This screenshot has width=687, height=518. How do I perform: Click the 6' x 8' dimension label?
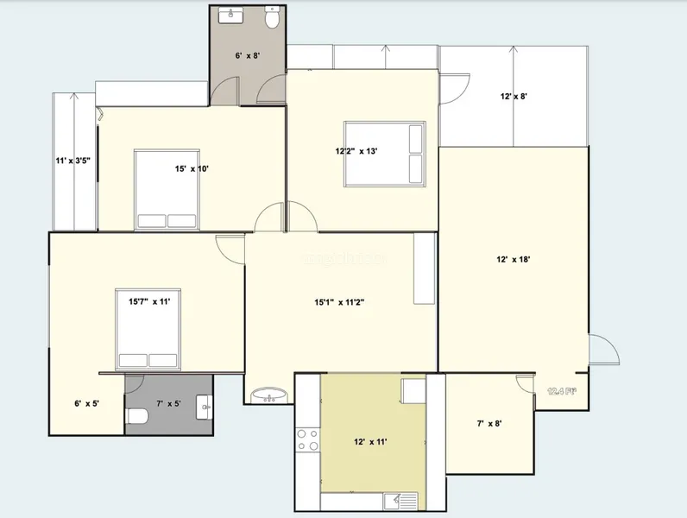point(248,55)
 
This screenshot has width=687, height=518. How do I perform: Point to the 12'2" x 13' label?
point(356,151)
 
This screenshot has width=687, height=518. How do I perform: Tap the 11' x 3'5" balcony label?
point(73,161)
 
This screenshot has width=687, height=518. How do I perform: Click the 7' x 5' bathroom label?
point(167,403)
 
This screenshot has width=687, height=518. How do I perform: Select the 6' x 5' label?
point(87,403)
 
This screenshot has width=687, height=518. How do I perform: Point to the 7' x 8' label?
point(488,423)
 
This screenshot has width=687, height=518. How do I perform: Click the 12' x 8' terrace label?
point(514,97)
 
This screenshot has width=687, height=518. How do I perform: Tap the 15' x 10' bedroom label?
point(192,169)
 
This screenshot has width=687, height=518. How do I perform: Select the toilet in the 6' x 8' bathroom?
point(272,18)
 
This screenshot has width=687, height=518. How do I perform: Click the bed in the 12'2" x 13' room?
point(384,154)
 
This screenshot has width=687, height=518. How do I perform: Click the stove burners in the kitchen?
point(307,440)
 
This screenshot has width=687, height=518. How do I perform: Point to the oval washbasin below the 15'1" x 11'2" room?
point(270,396)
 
